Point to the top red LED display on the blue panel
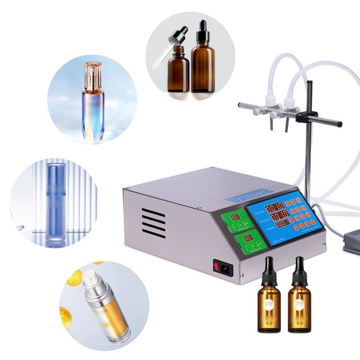point(276,208)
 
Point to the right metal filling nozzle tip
point(287,127)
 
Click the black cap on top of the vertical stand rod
point(309,84)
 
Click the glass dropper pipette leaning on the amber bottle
point(167,50)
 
